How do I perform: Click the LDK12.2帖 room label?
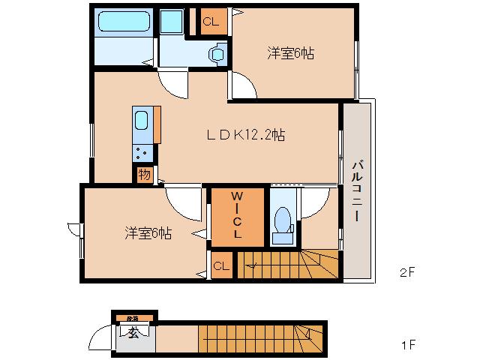tap(245, 136)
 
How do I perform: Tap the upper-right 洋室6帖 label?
tap(290, 53)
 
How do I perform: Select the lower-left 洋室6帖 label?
tap(148, 233)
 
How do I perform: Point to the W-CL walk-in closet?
tap(236, 217)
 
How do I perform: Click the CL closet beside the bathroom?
tap(211, 22)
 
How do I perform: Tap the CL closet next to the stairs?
tap(220, 265)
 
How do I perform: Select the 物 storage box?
tap(145, 175)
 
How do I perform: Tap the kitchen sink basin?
tap(142, 120)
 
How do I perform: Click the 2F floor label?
tap(407, 274)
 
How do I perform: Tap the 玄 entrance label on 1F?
tap(131, 334)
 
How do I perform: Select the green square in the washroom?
tap(172, 22)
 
